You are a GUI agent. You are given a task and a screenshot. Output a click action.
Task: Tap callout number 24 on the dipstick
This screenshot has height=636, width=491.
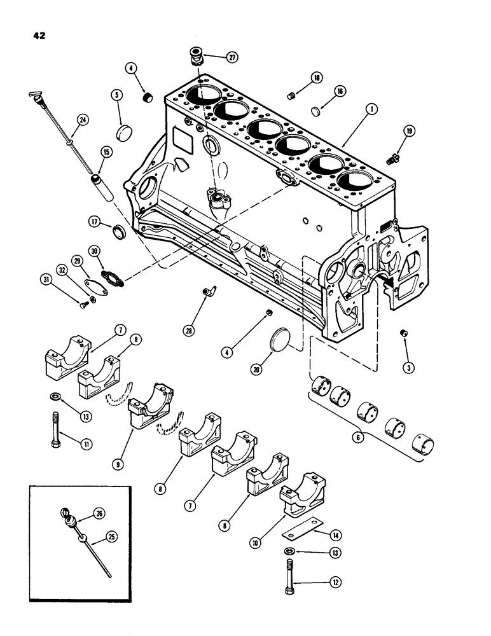pyautogui.click(x=81, y=119)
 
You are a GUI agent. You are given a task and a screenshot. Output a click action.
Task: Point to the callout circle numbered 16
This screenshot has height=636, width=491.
pyautogui.click(x=340, y=92)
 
